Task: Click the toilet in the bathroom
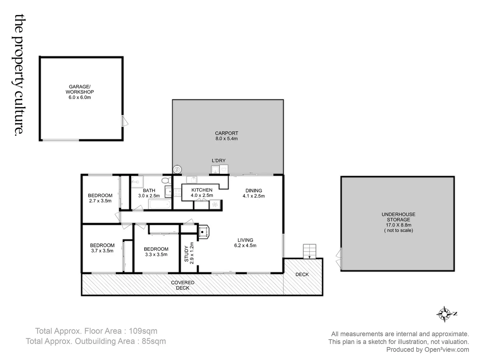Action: coord(166,181)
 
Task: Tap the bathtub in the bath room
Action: coord(159,204)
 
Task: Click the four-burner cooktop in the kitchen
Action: coord(177,192)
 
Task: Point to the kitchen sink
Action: coord(191,180)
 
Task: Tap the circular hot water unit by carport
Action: coord(177,169)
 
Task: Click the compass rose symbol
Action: coord(444,314)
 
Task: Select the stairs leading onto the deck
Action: coord(309,251)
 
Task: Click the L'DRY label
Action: coord(219,161)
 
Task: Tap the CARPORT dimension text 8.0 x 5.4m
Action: coord(227,139)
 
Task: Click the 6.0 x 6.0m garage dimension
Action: coord(80,97)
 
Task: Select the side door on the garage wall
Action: coord(125,121)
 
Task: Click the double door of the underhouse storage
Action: coord(339,257)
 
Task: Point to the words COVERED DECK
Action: coord(183,285)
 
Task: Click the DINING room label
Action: coord(254,191)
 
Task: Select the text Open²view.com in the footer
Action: coord(447,350)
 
